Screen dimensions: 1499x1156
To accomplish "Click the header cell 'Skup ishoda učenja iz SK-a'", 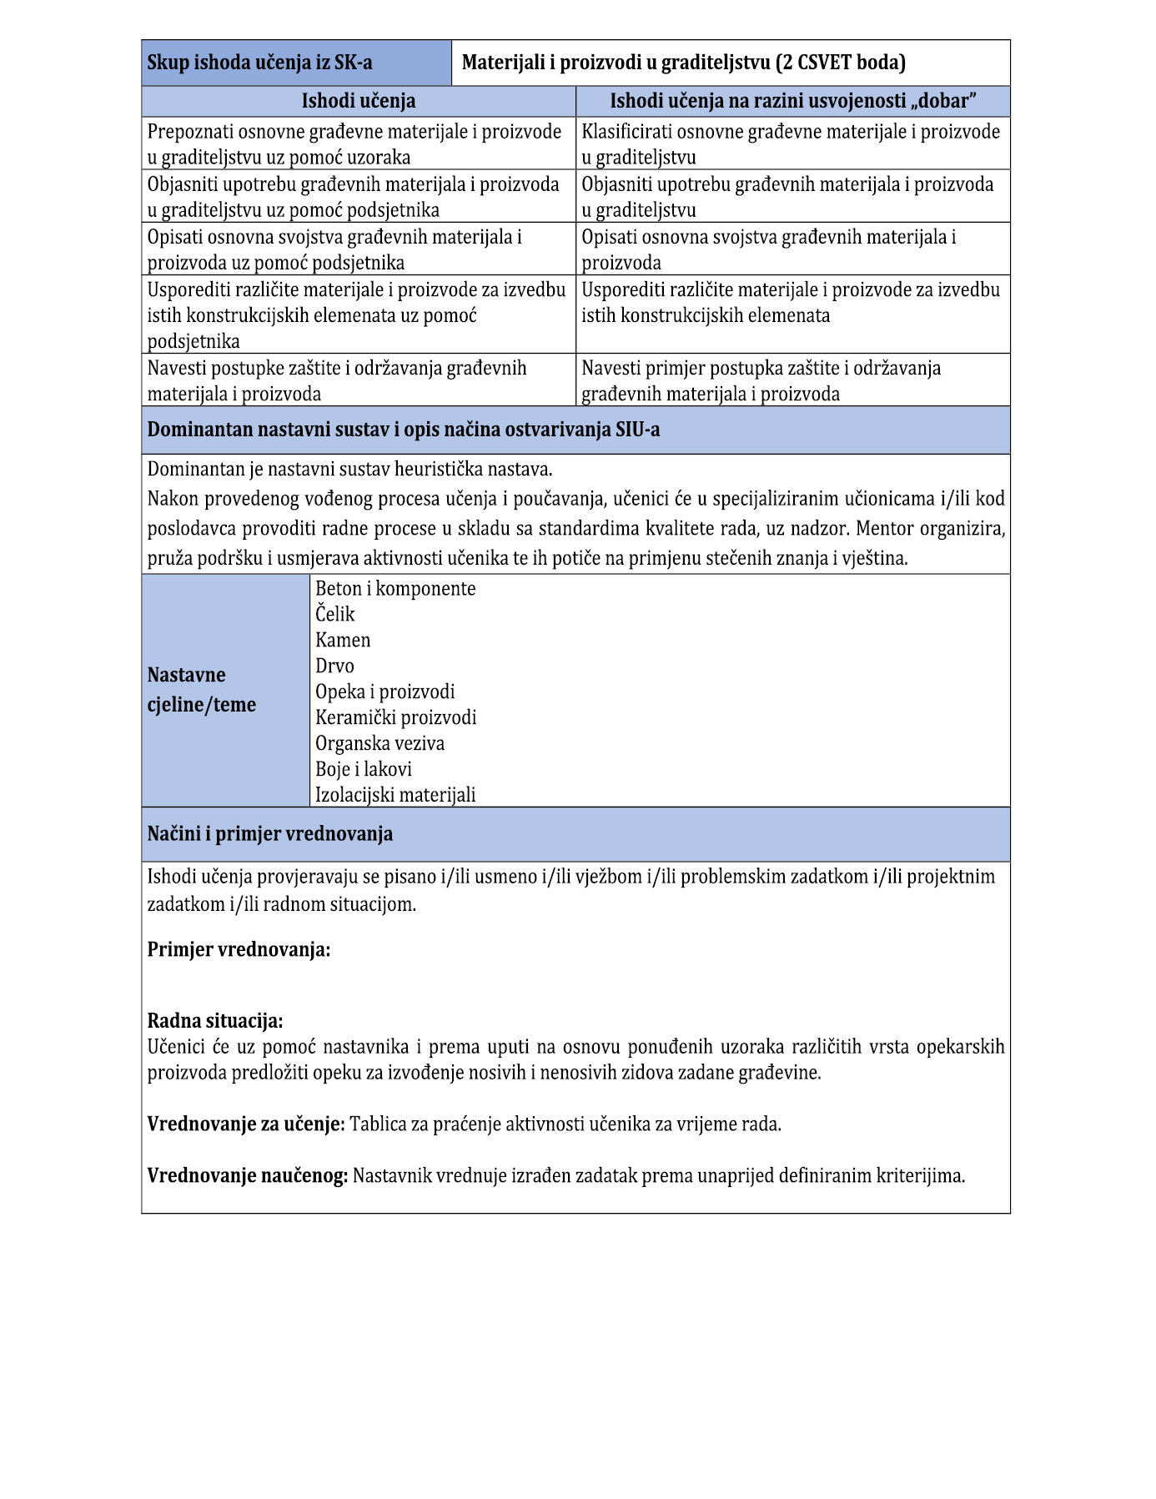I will coord(259,63).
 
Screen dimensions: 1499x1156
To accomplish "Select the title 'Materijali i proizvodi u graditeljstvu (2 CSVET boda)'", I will coord(683,63).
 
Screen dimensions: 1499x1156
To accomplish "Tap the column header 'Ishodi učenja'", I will coord(359,101).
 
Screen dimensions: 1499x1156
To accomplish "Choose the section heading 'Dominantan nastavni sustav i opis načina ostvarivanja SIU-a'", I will coord(404,430).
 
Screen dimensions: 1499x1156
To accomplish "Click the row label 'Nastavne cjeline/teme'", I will coord(202,690).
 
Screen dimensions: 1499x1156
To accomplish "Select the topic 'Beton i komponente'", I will coord(395,588).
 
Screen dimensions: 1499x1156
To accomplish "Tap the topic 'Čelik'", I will coord(335,614).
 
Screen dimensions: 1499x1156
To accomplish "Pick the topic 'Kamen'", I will coord(343,640).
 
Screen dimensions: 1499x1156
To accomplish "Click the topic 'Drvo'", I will coord(334,666).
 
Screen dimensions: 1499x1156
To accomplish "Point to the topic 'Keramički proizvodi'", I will coord(396,717).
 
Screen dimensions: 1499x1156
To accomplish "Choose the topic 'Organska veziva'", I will coord(380,743).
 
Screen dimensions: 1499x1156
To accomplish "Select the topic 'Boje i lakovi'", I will coord(364,769).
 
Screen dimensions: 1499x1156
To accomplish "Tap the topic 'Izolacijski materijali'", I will coord(395,795).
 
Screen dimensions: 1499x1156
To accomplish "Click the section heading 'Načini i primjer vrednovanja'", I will coord(270,833).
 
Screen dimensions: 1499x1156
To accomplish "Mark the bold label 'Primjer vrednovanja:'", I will coord(239,949).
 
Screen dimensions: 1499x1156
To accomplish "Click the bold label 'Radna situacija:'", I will coord(215,1020).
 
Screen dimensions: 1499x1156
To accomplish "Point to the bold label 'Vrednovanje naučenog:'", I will coord(248,1175).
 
